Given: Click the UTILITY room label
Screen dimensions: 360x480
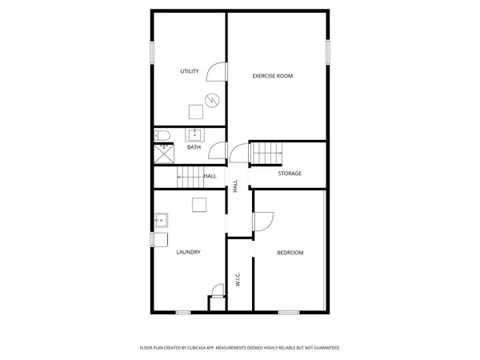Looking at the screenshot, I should pyautogui.click(x=189, y=72).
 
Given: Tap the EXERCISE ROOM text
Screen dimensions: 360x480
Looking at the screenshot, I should pyautogui.click(x=272, y=76).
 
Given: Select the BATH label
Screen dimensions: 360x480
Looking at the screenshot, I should pyautogui.click(x=194, y=147).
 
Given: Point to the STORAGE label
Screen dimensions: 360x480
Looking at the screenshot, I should pyautogui.click(x=290, y=173).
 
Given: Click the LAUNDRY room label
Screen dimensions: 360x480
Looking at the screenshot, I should pyautogui.click(x=188, y=252).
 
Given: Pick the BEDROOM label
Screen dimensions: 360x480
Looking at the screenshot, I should pyautogui.click(x=290, y=253).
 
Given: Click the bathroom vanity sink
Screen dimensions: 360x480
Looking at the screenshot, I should pyautogui.click(x=194, y=134).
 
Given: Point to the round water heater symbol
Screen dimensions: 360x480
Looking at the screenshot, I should pyautogui.click(x=211, y=100).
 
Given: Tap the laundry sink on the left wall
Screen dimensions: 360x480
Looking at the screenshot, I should pyautogui.click(x=160, y=218).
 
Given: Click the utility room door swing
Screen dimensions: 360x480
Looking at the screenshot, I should pyautogui.click(x=216, y=73).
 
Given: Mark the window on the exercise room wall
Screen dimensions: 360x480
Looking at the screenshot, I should pyautogui.click(x=326, y=51).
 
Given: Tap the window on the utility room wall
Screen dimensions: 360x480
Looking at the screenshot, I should pyautogui.click(x=152, y=52).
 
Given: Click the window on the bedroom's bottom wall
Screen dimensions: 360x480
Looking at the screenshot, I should pyautogui.click(x=289, y=311).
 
